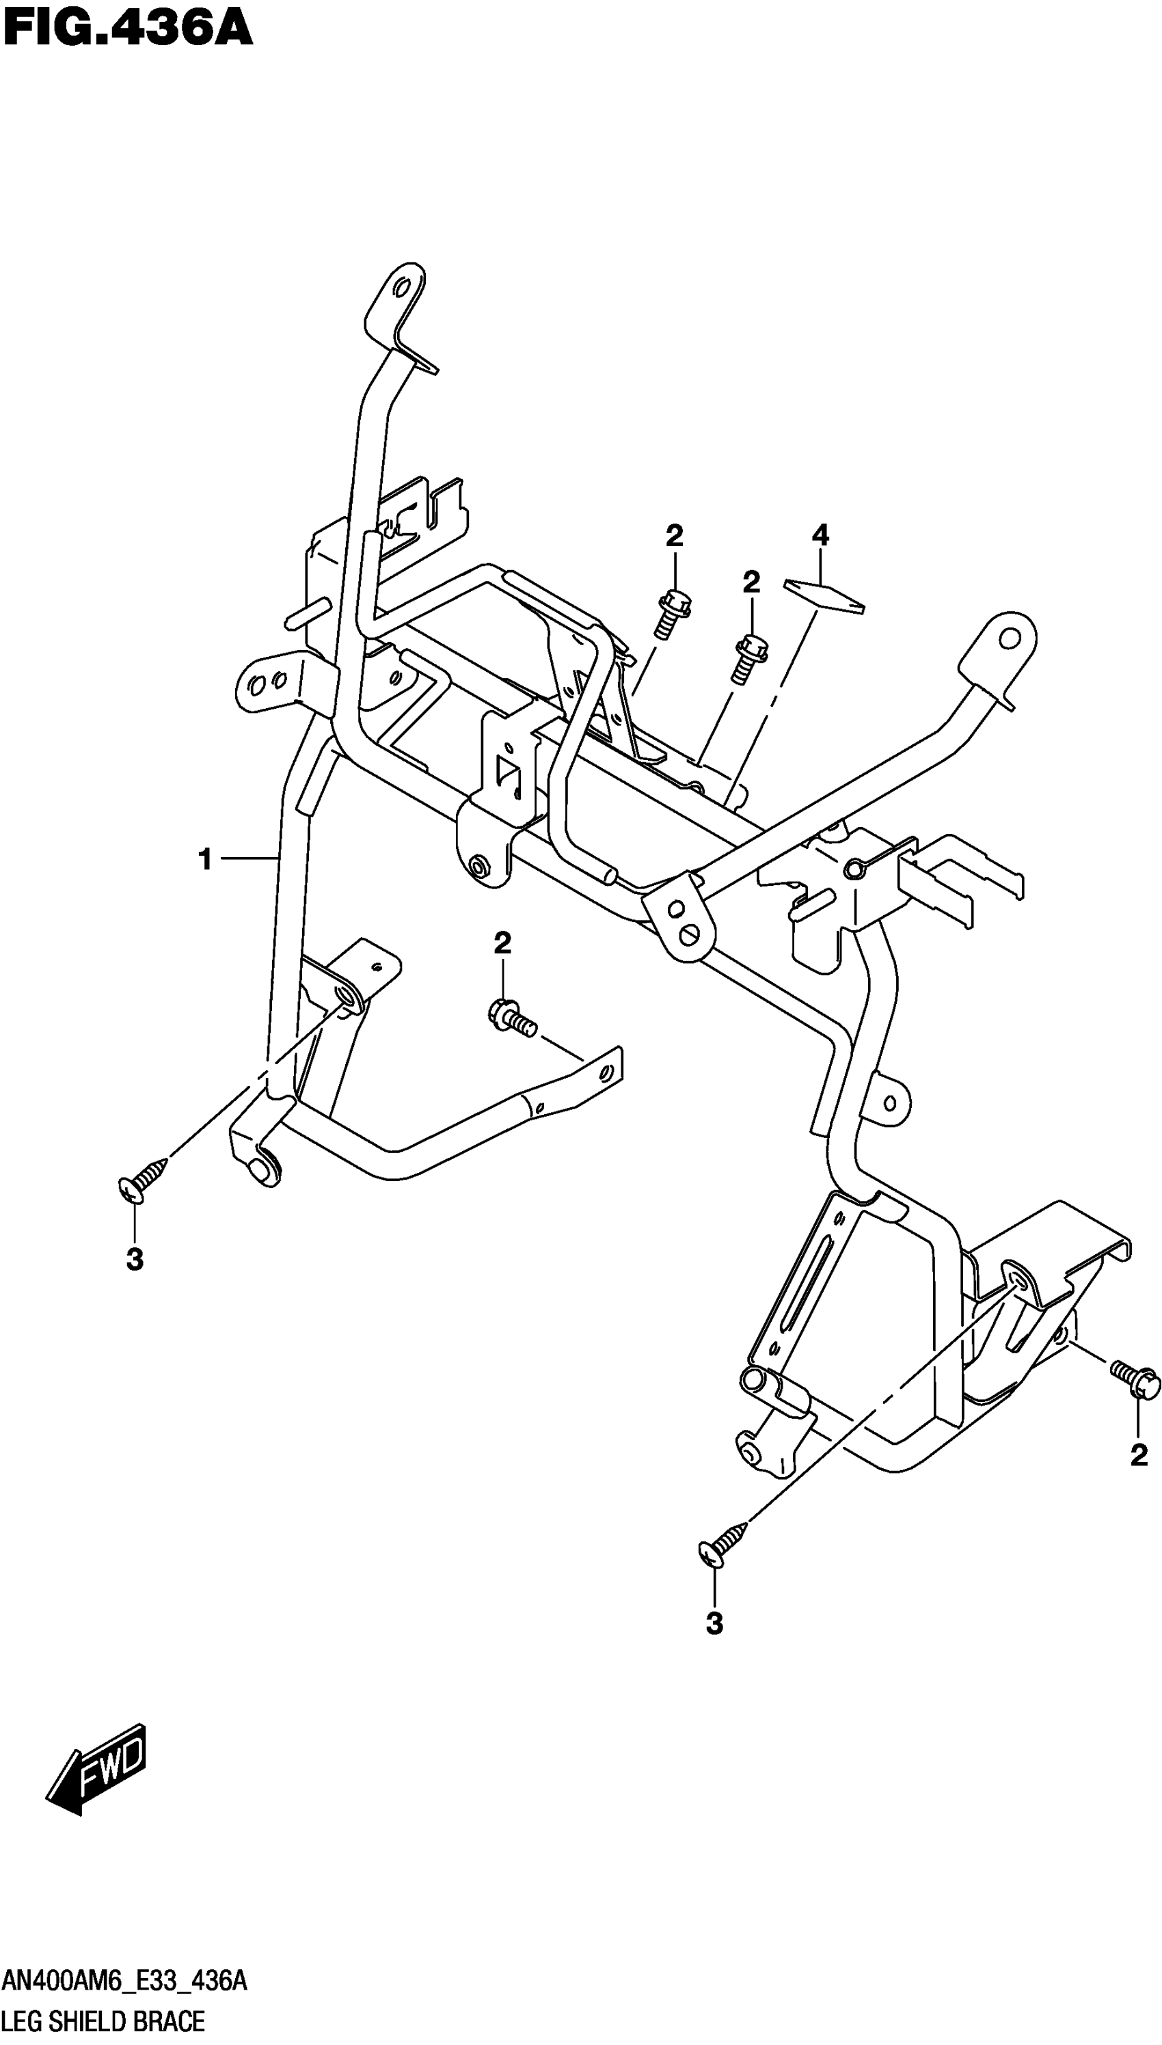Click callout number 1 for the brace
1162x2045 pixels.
[x=205, y=859]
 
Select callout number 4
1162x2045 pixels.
[x=820, y=534]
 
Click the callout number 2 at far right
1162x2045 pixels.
[x=1139, y=1455]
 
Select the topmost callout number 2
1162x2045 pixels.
[x=675, y=536]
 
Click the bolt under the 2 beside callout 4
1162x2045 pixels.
[x=748, y=658]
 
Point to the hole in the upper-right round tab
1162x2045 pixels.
[x=1010, y=638]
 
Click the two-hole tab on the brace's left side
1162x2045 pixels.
[x=268, y=683]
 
